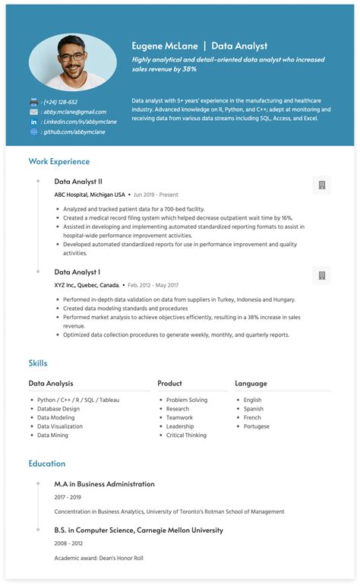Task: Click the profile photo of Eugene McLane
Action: pyautogui.click(x=73, y=62)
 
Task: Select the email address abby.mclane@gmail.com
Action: pyautogui.click(x=74, y=112)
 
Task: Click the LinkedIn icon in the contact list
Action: pyautogui.click(x=33, y=122)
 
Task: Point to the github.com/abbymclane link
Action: pyautogui.click(x=74, y=131)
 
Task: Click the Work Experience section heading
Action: pyautogui.click(x=58, y=161)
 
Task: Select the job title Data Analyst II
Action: pyautogui.click(x=77, y=182)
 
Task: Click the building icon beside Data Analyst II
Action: pyautogui.click(x=321, y=185)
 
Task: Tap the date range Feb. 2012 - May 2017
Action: pyautogui.click(x=153, y=285)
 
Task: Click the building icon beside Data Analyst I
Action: pyautogui.click(x=321, y=275)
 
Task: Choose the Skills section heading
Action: pyautogui.click(x=38, y=363)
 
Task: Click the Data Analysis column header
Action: pyautogui.click(x=51, y=383)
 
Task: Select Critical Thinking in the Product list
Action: pyautogui.click(x=186, y=436)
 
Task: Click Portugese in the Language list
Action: pyautogui.click(x=257, y=426)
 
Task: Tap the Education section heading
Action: pyautogui.click(x=47, y=463)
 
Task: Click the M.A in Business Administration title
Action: pyautogui.click(x=104, y=483)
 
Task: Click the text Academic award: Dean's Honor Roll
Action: pyautogui.click(x=99, y=558)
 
